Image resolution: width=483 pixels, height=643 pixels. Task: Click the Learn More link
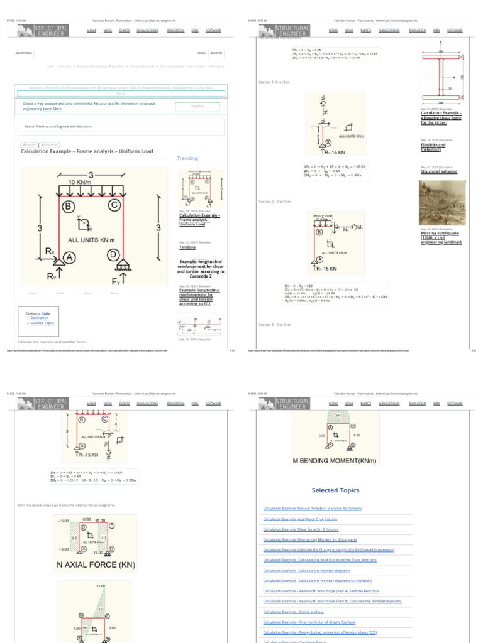(52, 109)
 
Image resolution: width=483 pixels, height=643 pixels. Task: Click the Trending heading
(187, 159)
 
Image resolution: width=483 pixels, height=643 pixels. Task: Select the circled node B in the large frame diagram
(67, 205)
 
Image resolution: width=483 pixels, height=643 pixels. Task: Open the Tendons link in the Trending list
(187, 247)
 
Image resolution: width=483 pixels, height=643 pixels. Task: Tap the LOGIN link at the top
(202, 53)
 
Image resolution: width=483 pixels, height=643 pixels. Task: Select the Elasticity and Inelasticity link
(433, 147)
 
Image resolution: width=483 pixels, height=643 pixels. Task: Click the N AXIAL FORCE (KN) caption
(96, 565)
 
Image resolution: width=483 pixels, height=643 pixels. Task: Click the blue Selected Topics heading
(335, 490)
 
